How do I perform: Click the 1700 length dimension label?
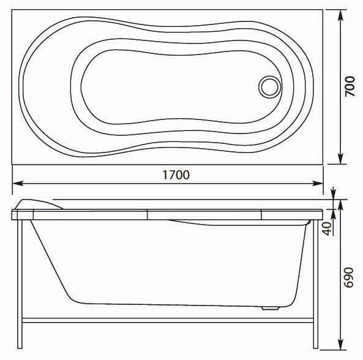176,174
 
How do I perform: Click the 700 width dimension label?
350,86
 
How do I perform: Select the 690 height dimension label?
348,277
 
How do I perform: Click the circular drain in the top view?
269,87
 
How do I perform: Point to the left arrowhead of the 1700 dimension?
18,183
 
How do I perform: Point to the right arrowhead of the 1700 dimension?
317,183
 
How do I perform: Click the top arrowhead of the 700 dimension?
340,15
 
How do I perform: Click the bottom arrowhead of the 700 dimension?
340,159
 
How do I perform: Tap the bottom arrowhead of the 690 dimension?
340,344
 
